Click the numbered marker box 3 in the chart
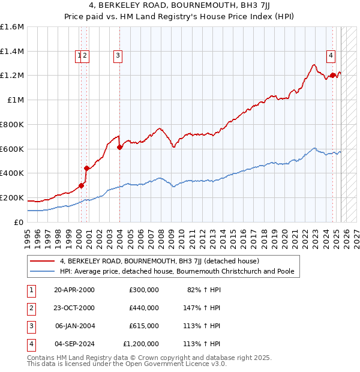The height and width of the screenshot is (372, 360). click(x=118, y=56)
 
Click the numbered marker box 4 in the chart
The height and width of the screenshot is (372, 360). click(x=331, y=56)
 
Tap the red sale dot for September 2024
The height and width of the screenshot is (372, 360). click(x=332, y=76)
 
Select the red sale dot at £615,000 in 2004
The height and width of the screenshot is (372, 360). click(x=119, y=147)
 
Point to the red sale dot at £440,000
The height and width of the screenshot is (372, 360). click(x=86, y=168)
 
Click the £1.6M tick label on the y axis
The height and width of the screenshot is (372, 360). click(x=12, y=27)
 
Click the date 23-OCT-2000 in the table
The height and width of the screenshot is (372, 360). click(x=74, y=308)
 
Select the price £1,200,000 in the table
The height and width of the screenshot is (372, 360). click(x=141, y=344)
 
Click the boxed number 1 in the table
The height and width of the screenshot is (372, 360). click(x=30, y=290)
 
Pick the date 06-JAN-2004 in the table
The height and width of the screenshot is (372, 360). click(x=74, y=326)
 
